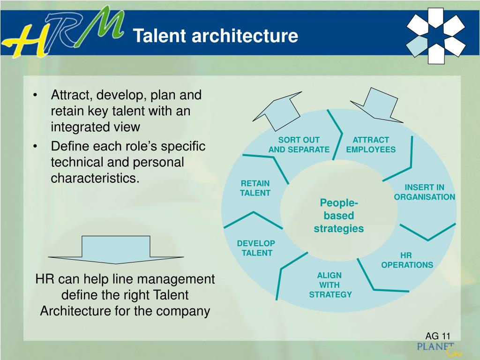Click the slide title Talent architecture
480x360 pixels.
click(x=215, y=36)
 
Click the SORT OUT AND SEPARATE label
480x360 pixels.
click(x=299, y=145)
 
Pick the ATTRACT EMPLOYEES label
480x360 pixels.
click(x=371, y=145)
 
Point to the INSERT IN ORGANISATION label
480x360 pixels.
click(x=424, y=192)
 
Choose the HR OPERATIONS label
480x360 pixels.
click(x=407, y=260)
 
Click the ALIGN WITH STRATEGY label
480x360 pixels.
click(x=330, y=285)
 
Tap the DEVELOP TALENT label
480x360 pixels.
click(x=256, y=248)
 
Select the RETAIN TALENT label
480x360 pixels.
click(x=255, y=188)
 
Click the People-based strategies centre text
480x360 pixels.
click(x=338, y=216)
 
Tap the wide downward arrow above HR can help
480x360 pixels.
click(x=116, y=249)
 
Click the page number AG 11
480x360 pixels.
click(x=438, y=336)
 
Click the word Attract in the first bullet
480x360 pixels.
click(x=72, y=95)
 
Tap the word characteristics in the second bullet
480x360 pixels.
click(x=95, y=178)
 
